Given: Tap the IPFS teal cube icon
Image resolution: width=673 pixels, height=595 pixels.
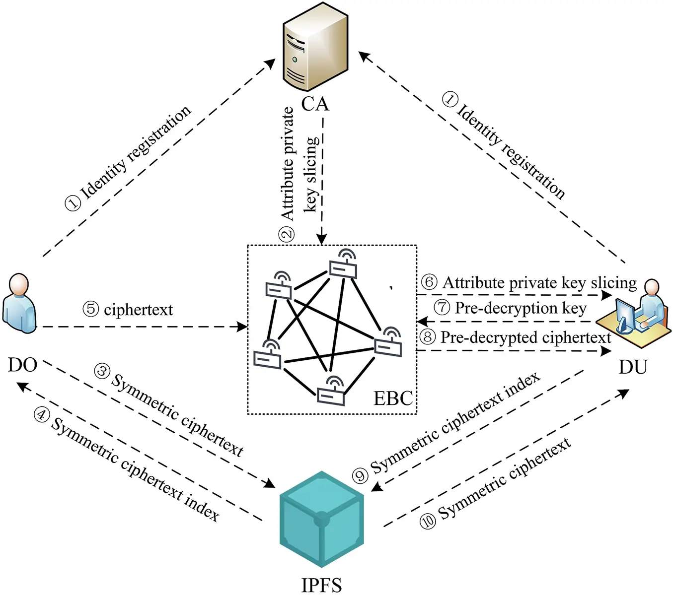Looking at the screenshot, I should (x=321, y=519).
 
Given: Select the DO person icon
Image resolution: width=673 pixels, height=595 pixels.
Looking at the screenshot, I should (x=19, y=303).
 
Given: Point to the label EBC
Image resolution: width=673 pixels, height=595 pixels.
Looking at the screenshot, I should (x=392, y=398).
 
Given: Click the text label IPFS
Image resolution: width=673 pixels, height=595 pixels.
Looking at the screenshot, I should (x=321, y=585).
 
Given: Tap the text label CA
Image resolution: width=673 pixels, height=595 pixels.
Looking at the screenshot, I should (x=315, y=104).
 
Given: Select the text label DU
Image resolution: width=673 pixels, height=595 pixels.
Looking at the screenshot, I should (x=633, y=367).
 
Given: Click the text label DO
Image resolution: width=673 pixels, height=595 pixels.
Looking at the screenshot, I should (x=22, y=365).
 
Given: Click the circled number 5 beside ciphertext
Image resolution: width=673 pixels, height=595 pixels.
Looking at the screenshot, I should (x=91, y=309).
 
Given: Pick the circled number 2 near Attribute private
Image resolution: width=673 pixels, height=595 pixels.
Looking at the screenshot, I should (x=287, y=234).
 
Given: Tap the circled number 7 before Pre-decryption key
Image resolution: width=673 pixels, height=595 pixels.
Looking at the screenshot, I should (x=442, y=308).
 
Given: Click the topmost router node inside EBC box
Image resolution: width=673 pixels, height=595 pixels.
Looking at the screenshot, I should (x=343, y=266).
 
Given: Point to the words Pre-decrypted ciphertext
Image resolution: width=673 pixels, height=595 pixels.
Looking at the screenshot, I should (x=525, y=337).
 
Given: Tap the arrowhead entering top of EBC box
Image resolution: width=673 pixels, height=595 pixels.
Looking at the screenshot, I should (x=321, y=240).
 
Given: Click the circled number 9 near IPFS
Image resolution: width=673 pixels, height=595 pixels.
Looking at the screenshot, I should (x=360, y=476).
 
